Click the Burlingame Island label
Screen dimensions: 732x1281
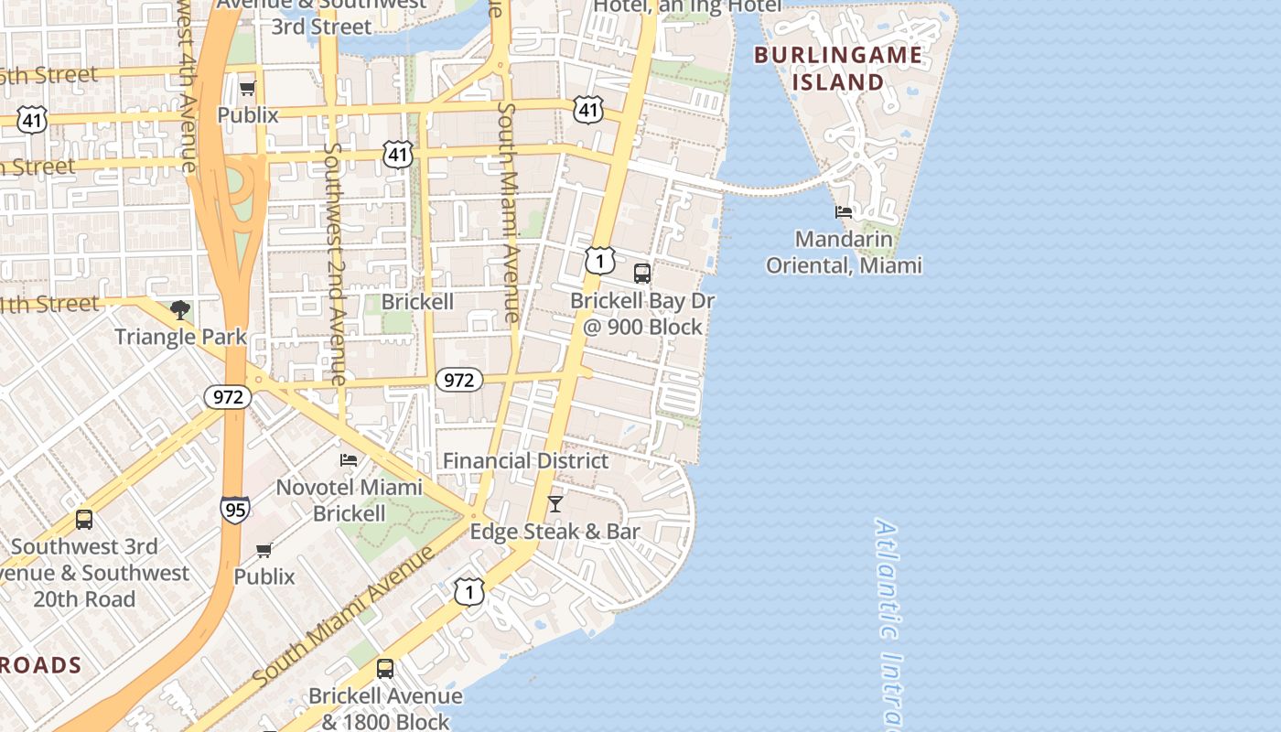point(838,69)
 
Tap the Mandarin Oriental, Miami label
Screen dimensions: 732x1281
point(844,253)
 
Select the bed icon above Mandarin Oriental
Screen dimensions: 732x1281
point(844,212)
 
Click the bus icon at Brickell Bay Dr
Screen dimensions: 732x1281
point(642,273)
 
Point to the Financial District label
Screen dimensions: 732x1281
point(525,461)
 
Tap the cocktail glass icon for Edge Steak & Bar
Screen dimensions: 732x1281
point(555,503)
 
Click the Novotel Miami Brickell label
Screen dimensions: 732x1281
point(350,501)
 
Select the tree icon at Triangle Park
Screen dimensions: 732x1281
point(180,310)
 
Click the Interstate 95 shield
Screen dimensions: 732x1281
point(235,509)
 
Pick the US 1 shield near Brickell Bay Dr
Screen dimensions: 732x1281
point(599,262)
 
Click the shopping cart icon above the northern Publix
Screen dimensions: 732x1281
point(247,89)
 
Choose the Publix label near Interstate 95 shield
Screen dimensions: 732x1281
point(264,576)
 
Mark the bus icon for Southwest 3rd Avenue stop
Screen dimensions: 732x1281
point(84,519)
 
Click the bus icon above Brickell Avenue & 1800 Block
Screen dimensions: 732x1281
point(385,668)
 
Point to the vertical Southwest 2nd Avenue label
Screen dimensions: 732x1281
point(334,265)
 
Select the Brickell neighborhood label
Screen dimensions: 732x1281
point(417,302)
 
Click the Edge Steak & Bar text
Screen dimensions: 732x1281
point(554,532)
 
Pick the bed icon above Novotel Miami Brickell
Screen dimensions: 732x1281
point(349,459)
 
